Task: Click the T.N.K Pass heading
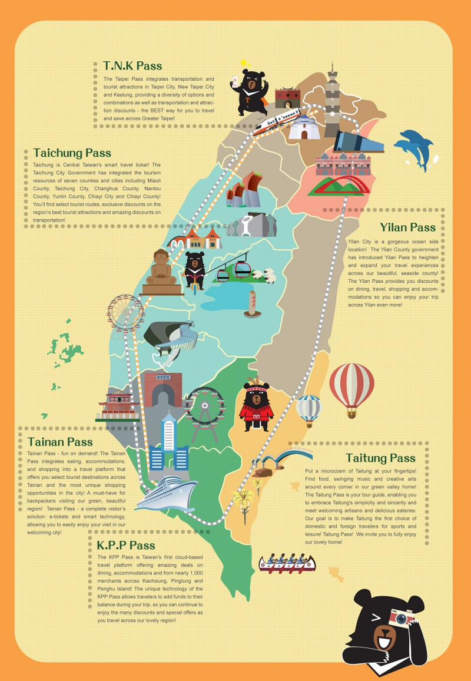132,65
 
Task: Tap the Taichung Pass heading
72,153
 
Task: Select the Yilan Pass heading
407,227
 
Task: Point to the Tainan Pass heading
60,442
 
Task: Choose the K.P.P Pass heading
126,545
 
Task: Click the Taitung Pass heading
380,458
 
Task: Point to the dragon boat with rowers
287,563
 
